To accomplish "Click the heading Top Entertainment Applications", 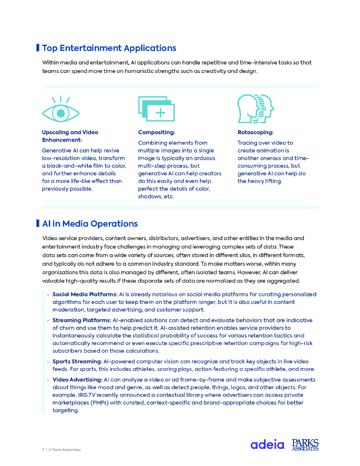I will pyautogui.click(x=109, y=48).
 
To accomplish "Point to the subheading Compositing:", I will pyautogui.click(x=156, y=132).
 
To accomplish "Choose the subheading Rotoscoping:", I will pyautogui.click(x=255, y=132).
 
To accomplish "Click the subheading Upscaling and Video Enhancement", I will pyautogui.click(x=70, y=136).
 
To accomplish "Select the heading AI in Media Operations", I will pyautogui.click(x=90, y=224).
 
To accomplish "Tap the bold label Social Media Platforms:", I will pyautogui.click(x=85, y=294).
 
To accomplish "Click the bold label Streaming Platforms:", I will pyautogui.click(x=81, y=320).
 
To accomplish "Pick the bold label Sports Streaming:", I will pyautogui.click(x=77, y=361).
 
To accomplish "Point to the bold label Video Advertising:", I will pyautogui.click(x=77, y=380).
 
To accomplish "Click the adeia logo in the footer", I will pyautogui.click(x=267, y=445).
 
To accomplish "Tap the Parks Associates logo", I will pyautogui.click(x=305, y=445).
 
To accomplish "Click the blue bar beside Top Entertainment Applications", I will pyautogui.click(x=38, y=48).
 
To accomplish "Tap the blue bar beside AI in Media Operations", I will pyautogui.click(x=38, y=223).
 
